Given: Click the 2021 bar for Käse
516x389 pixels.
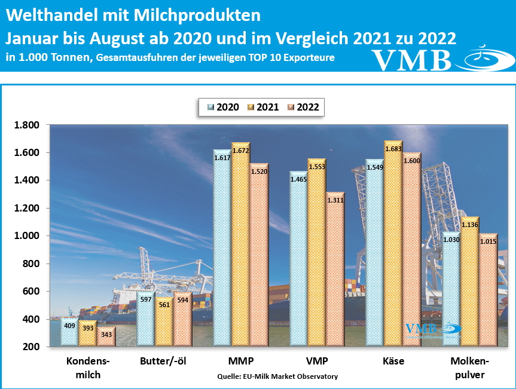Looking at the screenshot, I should (x=392, y=245).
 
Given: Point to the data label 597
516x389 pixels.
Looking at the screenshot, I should (x=145, y=299).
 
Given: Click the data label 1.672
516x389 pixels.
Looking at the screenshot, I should (x=240, y=152).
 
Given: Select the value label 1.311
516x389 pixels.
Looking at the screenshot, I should (x=335, y=201).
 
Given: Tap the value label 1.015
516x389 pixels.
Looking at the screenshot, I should (x=487, y=241).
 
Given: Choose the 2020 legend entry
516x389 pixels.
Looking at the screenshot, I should (x=222, y=108).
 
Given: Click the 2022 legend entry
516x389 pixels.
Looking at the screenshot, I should (x=303, y=108).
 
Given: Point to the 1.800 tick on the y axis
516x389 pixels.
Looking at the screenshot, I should (x=26, y=125).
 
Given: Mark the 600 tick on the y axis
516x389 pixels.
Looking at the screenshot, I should (x=30, y=292).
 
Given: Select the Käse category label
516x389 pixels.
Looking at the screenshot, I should (x=393, y=362).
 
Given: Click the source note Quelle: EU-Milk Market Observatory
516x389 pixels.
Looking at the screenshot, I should (x=277, y=376).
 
